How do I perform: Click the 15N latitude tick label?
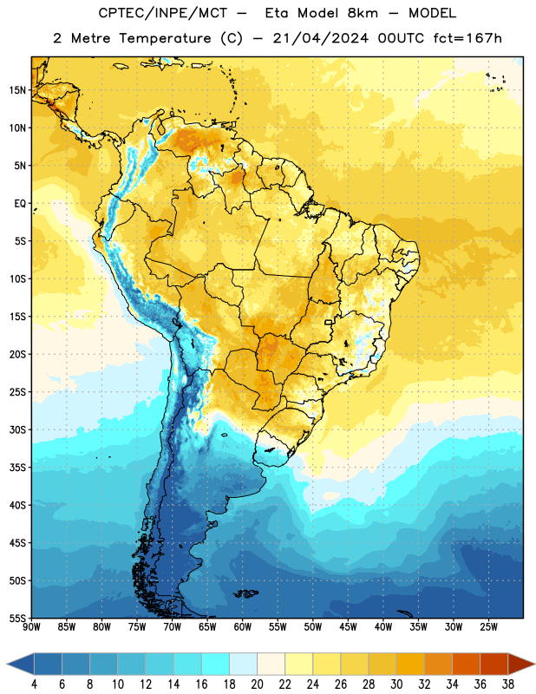pos(17,90)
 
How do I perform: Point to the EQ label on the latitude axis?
pos(20,204)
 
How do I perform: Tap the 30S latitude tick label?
pos(17,429)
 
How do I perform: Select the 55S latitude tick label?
pos(17,619)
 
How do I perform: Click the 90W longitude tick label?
pos(31,627)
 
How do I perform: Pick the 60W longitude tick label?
pos(243,627)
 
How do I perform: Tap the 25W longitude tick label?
pos(488,627)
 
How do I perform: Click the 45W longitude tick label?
pos(348,627)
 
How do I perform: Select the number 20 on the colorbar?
pos(257,684)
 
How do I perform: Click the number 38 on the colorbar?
pos(508,684)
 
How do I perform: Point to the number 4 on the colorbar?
pos(34,684)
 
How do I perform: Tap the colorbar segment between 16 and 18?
pos(216,664)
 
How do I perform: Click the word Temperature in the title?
pos(165,38)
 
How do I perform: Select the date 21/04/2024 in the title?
pos(321,38)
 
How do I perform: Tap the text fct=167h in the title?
pos(467,38)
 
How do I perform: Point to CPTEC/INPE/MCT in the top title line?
pos(163,13)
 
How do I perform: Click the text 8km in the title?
pos(363,13)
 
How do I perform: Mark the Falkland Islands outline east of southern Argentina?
pos(246,593)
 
